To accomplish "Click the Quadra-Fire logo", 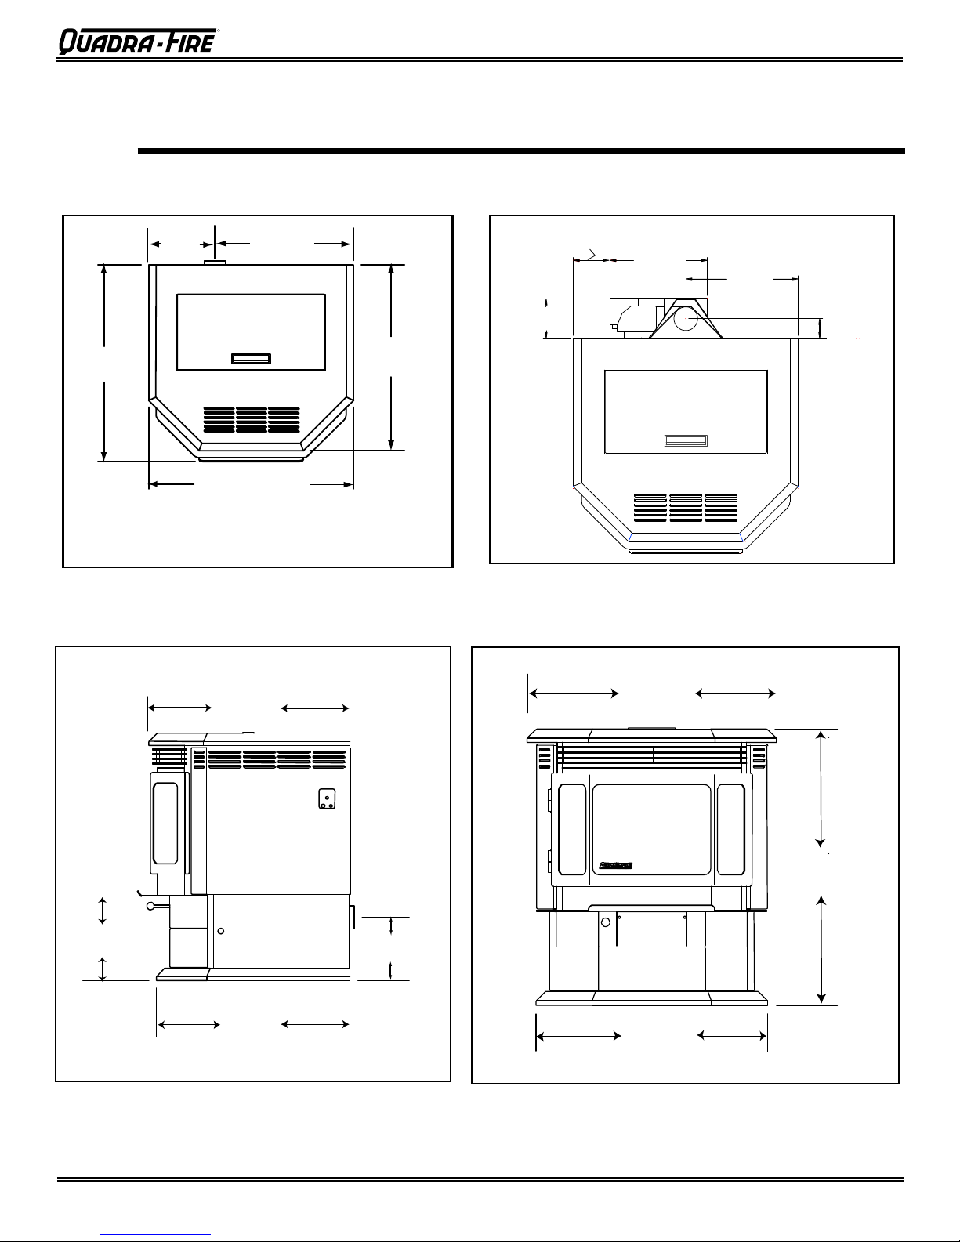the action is coord(138,42).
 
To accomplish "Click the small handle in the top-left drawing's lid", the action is coord(251,358).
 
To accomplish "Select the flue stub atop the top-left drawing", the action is coord(216,263).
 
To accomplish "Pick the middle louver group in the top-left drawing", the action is coord(252,420).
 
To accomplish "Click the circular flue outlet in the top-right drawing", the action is coord(686,318).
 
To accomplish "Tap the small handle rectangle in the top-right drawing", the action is coord(686,440).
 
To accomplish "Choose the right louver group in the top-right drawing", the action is coord(721,508).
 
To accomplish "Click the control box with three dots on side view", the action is coord(327,799).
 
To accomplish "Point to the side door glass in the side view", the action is coord(165,824).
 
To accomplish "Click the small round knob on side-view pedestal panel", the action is coord(220,932).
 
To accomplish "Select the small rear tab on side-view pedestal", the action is coord(352,917).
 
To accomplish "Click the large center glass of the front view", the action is coord(651,829).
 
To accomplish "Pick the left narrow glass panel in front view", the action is coord(572,829).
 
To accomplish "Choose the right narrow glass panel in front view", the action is coord(731,829).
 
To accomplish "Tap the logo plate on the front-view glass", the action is coord(615,866).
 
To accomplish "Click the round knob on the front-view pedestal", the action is coord(606,922).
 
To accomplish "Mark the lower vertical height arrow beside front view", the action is coord(821,950).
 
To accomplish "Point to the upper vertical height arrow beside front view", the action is coord(821,789).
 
